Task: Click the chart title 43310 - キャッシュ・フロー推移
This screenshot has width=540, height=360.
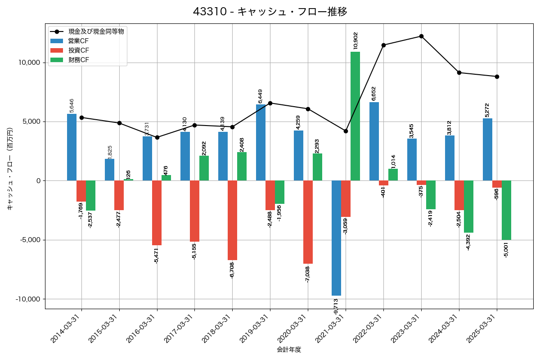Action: pos(270,11)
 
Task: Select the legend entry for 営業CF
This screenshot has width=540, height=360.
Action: pos(79,41)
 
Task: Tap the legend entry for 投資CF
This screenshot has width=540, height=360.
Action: pos(79,50)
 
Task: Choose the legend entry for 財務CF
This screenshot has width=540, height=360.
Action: pos(79,60)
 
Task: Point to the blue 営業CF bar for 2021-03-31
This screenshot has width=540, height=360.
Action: pos(336,238)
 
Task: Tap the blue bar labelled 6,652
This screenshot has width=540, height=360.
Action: pos(374,141)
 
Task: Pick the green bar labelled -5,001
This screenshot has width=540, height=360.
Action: pos(506,210)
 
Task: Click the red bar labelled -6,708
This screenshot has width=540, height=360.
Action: pos(232,220)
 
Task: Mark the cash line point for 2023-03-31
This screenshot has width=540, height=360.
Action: pos(421,36)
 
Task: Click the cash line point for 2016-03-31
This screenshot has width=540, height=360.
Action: pos(157,137)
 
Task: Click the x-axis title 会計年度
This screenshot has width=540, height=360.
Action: pos(289,350)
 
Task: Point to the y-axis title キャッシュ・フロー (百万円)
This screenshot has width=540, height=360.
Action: pos(10,169)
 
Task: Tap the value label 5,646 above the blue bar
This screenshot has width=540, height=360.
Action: pos(72,106)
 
